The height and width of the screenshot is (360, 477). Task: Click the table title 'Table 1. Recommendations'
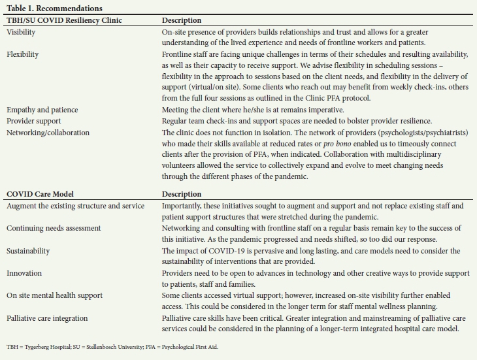[x=54, y=8]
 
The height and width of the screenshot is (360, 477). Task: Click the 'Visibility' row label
[x=21, y=32]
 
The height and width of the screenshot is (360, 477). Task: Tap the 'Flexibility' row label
[x=22, y=54]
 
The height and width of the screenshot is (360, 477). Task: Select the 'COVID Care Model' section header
[x=41, y=194]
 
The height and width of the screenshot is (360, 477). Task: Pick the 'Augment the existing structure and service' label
[x=76, y=206]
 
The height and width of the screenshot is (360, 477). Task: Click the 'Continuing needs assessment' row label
[x=54, y=228]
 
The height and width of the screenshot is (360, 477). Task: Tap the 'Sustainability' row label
[x=27, y=250]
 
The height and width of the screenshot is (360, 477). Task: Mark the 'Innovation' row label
[x=24, y=272]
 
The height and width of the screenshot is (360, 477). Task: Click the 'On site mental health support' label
[x=55, y=295]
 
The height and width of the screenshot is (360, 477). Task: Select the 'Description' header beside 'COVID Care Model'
[x=182, y=194]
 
